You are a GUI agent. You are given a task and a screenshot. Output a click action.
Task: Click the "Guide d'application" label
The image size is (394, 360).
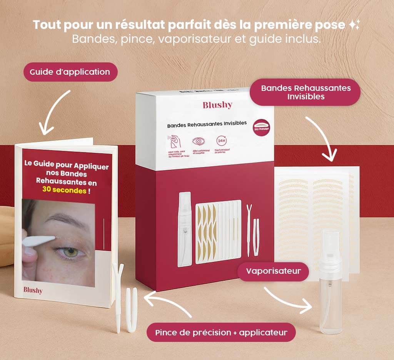point(70,72)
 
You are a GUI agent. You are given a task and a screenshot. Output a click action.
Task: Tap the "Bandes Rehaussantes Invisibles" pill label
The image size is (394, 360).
point(306,92)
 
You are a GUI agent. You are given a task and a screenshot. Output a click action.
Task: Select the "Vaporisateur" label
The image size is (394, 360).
point(273,271)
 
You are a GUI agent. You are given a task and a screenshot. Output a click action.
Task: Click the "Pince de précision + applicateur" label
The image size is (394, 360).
point(221,332)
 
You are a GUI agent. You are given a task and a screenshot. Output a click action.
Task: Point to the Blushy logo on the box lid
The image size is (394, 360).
point(217,105)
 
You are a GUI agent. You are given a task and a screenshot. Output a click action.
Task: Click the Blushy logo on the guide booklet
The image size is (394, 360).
point(33,290)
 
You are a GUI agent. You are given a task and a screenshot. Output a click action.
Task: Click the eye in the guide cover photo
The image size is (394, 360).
point(70,253)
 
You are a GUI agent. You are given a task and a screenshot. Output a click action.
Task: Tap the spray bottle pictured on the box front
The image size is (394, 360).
point(185,229)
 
